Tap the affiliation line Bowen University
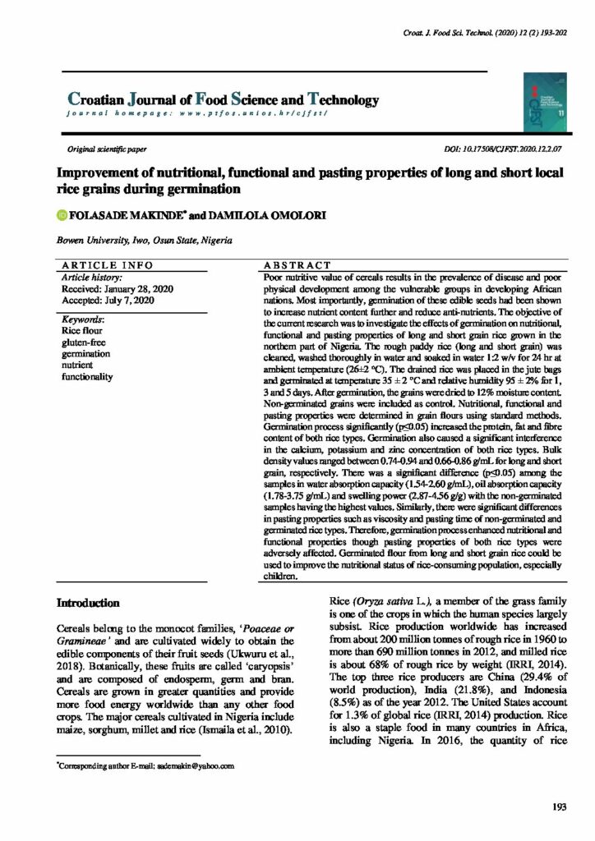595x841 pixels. point(144,241)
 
